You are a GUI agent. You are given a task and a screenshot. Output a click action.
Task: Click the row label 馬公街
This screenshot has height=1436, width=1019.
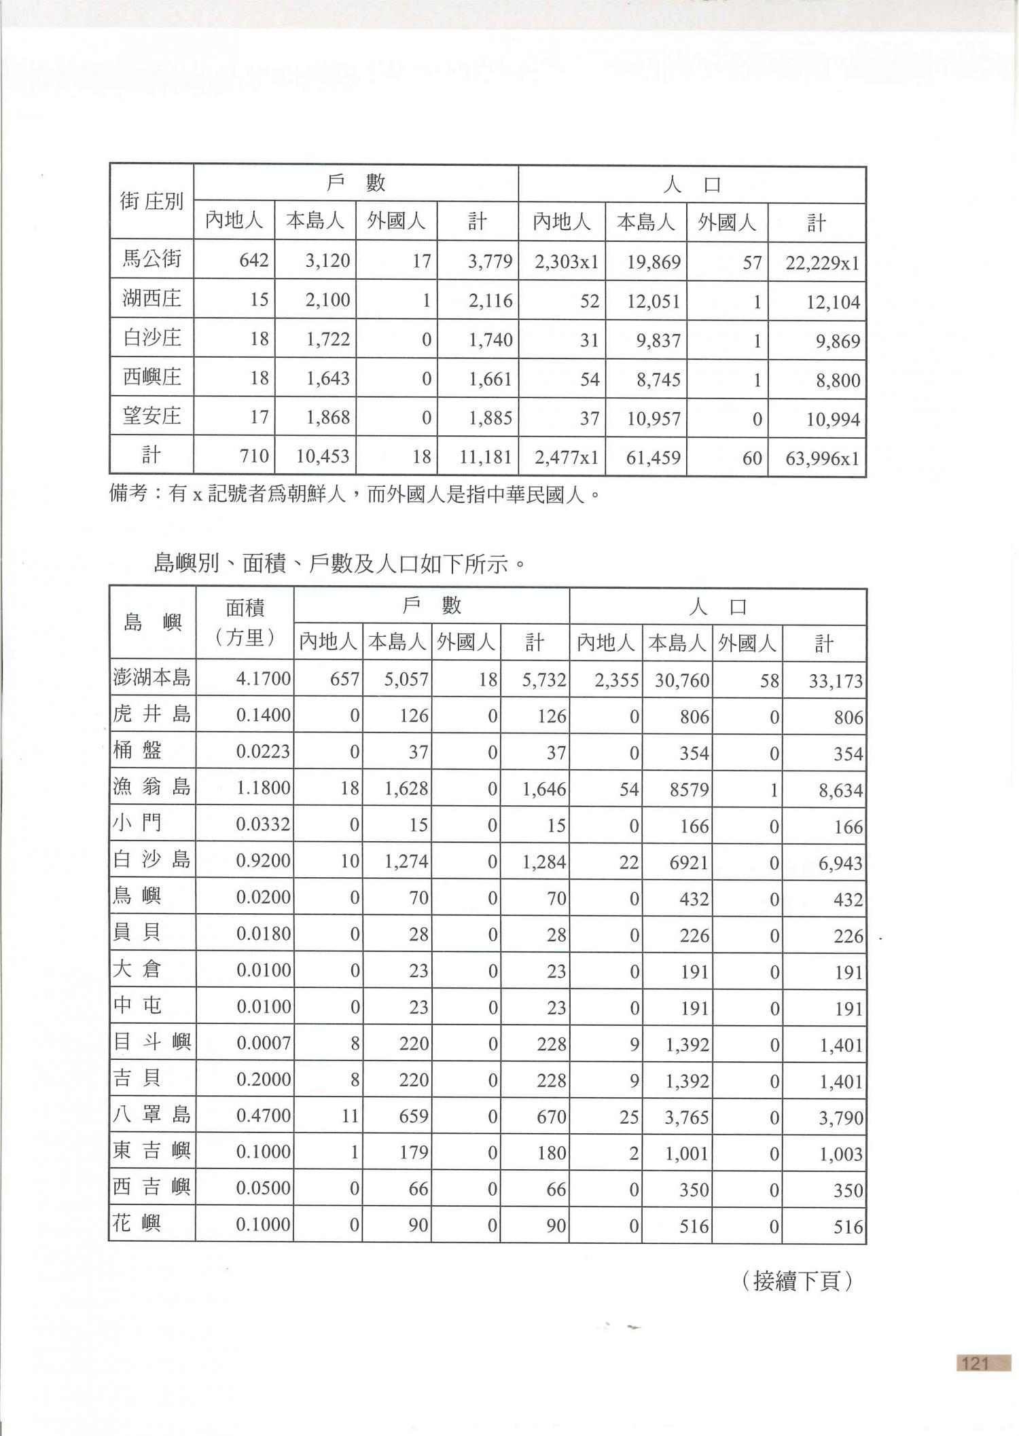coord(151,259)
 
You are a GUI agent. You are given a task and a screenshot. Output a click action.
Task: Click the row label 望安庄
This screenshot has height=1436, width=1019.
coord(151,416)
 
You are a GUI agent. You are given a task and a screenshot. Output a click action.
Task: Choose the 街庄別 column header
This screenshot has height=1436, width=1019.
coord(151,202)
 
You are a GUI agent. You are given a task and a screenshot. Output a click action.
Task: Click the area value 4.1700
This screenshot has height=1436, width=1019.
coord(263,678)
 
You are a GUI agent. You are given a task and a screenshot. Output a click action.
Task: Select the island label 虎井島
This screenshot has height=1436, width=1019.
coord(151,714)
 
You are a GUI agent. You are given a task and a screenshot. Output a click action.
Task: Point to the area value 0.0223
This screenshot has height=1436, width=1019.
coord(263,752)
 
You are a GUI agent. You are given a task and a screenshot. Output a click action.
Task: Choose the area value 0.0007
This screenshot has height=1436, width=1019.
coord(263,1044)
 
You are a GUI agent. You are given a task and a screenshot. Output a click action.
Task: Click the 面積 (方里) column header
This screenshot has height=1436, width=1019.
coord(245,623)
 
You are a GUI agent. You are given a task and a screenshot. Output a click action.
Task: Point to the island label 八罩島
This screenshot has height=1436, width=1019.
coord(151,1115)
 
